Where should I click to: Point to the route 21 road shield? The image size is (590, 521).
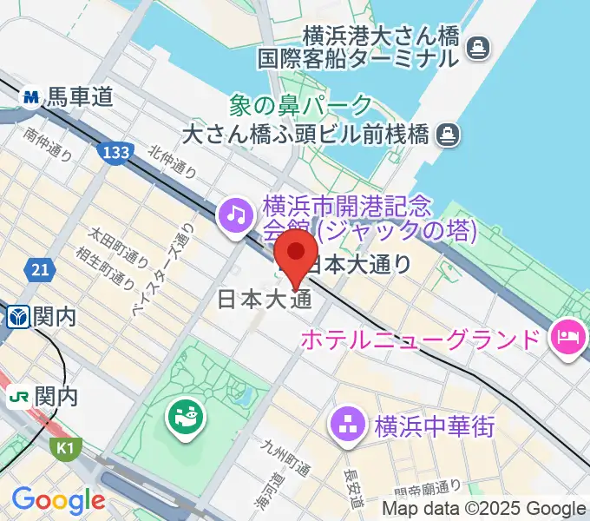point(38,271)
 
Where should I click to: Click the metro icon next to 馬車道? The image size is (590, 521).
point(33,96)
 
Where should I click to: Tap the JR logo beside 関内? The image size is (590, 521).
point(17,398)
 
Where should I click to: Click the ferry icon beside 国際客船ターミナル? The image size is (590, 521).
point(476,47)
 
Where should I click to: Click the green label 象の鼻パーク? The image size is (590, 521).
point(300,106)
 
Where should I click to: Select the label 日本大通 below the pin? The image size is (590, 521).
point(264,300)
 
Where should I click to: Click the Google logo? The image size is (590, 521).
point(58,500)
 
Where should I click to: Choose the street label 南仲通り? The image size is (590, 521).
point(49,144)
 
